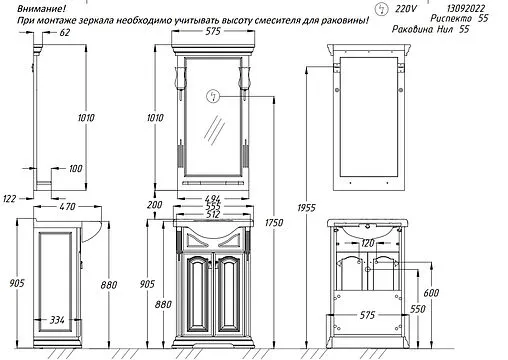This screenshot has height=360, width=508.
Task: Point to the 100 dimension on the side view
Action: click(76, 170)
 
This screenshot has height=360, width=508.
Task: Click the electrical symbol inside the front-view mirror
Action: click(212, 97)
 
